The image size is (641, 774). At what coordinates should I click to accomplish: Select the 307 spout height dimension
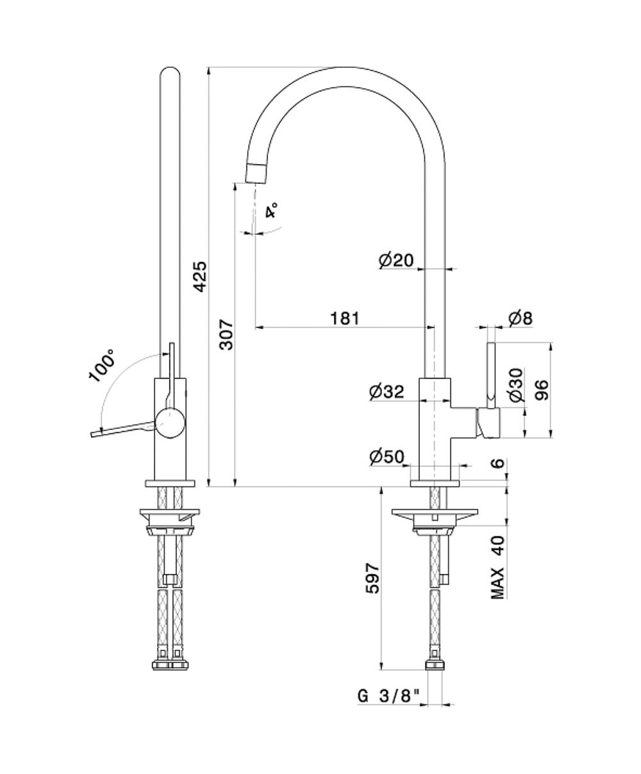point(226,334)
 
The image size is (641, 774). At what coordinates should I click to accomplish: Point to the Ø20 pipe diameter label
point(396,259)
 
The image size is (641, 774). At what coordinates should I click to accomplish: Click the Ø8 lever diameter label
point(520,318)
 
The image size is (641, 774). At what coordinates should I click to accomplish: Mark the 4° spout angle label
point(272,211)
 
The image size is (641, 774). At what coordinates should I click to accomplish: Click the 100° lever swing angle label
point(102,365)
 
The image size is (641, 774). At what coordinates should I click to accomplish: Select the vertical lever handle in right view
point(492,375)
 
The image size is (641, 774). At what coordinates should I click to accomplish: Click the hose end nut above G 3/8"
point(436,663)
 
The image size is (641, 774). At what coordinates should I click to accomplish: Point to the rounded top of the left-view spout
point(170,74)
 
